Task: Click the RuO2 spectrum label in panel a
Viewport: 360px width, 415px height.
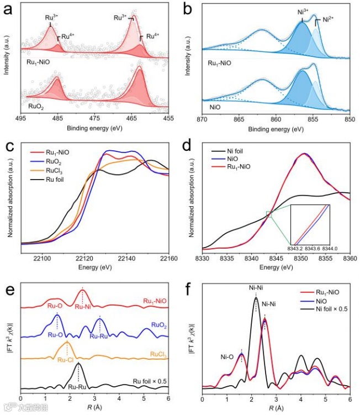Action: [x=36, y=103]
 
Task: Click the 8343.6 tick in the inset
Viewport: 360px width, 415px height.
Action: [x=313, y=249]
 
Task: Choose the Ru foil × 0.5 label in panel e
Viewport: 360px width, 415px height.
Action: [x=150, y=381]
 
